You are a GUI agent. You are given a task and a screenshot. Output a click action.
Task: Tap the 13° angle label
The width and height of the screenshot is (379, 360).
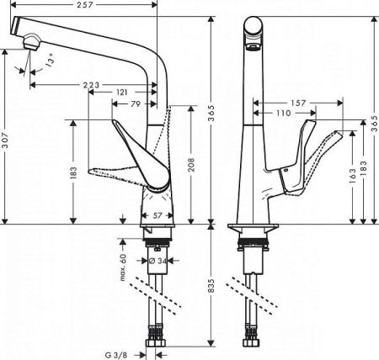click(54, 63)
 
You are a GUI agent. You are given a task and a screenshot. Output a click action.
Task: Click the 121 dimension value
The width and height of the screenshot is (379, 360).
click(123, 93)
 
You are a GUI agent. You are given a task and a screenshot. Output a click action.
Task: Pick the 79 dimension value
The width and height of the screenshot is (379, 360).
click(135, 104)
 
